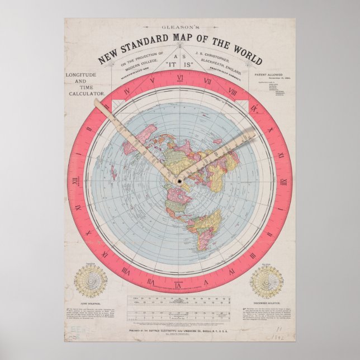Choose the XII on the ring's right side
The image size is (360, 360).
[x=283, y=182]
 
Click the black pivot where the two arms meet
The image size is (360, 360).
[x=179, y=182]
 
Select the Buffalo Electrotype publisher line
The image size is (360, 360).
[x=179, y=331]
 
